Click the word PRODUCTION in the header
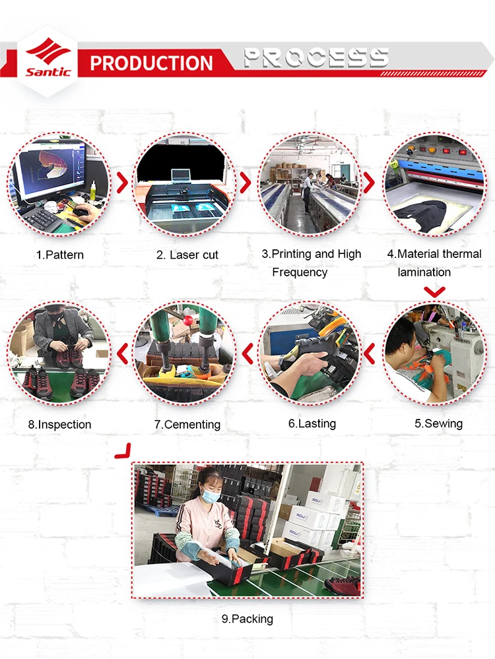pyautogui.click(x=151, y=63)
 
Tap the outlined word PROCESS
pyautogui.click(x=316, y=57)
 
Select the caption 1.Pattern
pyautogui.click(x=59, y=255)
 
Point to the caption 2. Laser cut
pyautogui.click(x=187, y=255)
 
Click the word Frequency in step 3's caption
pyautogui.click(x=300, y=272)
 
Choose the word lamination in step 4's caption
pyautogui.click(x=424, y=272)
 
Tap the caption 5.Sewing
pyautogui.click(x=438, y=424)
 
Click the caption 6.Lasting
pyautogui.click(x=312, y=424)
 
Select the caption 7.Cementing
pyautogui.click(x=187, y=424)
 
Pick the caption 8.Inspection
pyautogui.click(x=59, y=424)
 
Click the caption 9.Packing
pyautogui.click(x=247, y=619)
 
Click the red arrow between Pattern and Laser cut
pyautogui.click(x=123, y=183)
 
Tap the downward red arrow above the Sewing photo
pyautogui.click(x=434, y=292)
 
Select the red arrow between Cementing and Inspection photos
pyautogui.click(x=122, y=354)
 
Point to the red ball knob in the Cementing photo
pyautogui.click(x=188, y=321)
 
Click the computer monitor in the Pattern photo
pyautogui.click(x=50, y=171)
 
